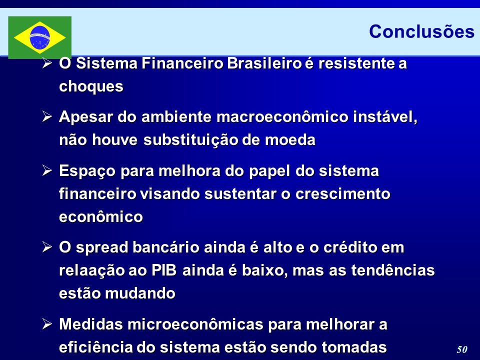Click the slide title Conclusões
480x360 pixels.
tap(421, 31)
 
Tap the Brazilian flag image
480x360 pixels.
tap(40, 37)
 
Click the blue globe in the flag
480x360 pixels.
tap(40, 37)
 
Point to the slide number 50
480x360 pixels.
tap(462, 349)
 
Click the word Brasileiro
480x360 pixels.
tap(264, 63)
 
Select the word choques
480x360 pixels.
tap(91, 86)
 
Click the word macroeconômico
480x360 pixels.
tap(282, 117)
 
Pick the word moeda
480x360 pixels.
tap(290, 140)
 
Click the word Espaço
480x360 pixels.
tap(87, 171)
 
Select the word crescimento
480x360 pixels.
tap(343, 194)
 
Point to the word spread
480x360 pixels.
tap(102, 248)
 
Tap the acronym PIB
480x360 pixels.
tap(164, 270)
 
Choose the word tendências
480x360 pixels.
tap(393, 270)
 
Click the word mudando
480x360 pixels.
tap(140, 293)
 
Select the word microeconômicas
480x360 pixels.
tap(195, 324)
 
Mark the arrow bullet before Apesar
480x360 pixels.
tap(47, 116)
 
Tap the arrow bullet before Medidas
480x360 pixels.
tap(47, 324)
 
